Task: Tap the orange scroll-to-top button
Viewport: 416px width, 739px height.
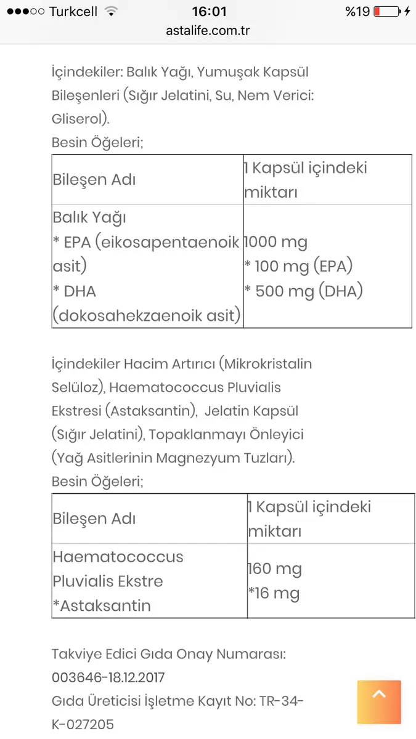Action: (x=379, y=701)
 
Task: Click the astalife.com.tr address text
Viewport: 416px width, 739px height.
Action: (x=208, y=30)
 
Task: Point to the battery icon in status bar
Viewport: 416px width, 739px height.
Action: (x=386, y=11)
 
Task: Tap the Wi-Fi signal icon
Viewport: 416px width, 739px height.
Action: (x=111, y=11)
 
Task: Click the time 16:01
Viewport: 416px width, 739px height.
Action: (x=209, y=11)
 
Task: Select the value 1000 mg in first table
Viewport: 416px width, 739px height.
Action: (x=276, y=242)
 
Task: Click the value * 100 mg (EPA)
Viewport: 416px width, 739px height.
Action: (x=298, y=267)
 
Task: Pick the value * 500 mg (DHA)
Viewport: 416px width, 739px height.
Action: (x=303, y=291)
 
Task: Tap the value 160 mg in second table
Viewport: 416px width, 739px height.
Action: (x=275, y=568)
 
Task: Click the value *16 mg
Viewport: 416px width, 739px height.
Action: (x=274, y=593)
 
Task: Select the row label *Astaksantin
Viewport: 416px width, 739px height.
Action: (x=102, y=605)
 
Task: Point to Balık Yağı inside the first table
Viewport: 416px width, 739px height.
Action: (x=89, y=217)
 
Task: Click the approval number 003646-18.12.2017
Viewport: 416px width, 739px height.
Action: (x=108, y=677)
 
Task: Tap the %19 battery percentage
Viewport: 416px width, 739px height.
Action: (x=357, y=11)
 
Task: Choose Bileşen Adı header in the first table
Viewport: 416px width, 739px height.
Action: (x=94, y=180)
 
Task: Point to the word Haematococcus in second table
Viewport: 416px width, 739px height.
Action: (x=118, y=557)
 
